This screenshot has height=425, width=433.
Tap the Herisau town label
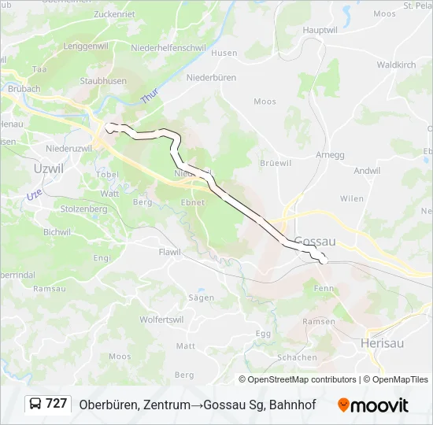pyautogui.click(x=382, y=343)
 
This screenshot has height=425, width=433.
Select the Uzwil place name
pyautogui.click(x=50, y=167)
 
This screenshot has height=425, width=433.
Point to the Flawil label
pyautogui.click(x=169, y=252)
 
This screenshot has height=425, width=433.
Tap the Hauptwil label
pyautogui.click(x=320, y=30)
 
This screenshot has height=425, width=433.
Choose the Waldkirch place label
pyautogui.click(x=395, y=65)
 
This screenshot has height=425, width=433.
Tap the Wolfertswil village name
pyautogui.click(x=163, y=320)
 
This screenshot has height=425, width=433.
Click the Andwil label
pyautogui.click(x=367, y=170)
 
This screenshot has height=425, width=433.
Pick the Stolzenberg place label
pyautogui.click(x=84, y=209)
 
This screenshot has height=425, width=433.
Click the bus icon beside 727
pyautogui.click(x=35, y=404)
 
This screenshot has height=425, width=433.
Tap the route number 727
pyautogui.click(x=56, y=404)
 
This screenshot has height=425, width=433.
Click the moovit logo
pyautogui.click(x=373, y=405)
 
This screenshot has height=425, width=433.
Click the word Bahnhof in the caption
pyautogui.click(x=292, y=405)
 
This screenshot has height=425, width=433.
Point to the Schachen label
pyautogui.click(x=298, y=357)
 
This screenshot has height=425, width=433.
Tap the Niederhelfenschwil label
pyautogui.click(x=168, y=47)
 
